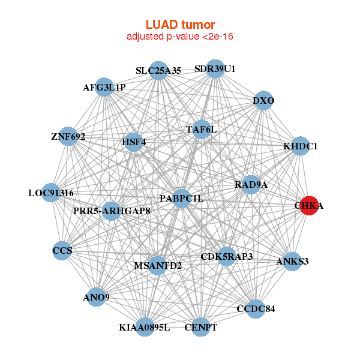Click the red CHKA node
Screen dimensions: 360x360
pos(308,206)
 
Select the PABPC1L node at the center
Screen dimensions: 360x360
pos(182,199)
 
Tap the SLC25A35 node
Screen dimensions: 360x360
pos(158,71)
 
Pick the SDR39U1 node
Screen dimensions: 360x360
pos(215,68)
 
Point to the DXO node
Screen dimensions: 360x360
pos(263,101)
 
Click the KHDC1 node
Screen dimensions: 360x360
pos(300,146)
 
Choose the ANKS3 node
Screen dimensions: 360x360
pos(292,262)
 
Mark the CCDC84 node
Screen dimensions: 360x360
pos(255,309)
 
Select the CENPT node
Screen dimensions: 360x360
pos(200,327)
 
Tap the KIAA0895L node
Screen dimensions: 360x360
pos(145,327)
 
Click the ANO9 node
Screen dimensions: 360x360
pos(97,297)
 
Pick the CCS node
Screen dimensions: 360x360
pos(62,251)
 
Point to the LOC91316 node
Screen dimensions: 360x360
pos(51,193)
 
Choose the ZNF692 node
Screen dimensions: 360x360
pos(68,137)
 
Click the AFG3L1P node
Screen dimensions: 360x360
pos(104,88)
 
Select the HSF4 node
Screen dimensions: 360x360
pos(134,142)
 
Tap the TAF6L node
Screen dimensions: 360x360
pos(201,129)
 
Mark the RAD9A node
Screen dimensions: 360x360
pos(251,185)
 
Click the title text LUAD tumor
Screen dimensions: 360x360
pos(180,25)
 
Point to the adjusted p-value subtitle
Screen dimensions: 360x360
pos(180,37)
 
